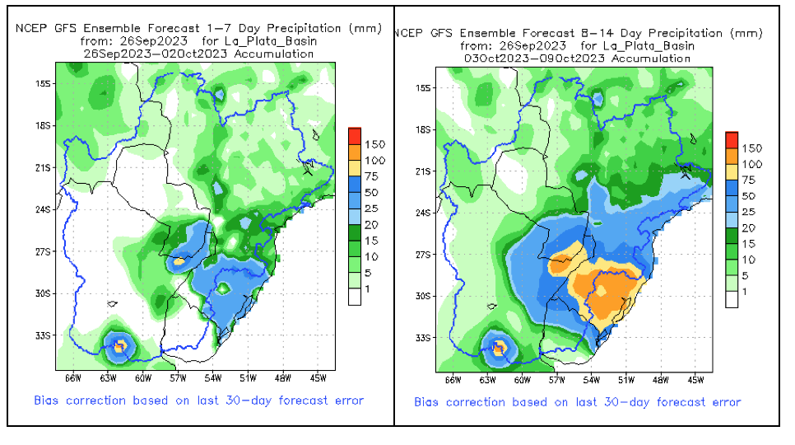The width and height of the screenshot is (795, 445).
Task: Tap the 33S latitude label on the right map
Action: pos(423,338)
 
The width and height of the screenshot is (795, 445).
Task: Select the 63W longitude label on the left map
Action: pos(107,378)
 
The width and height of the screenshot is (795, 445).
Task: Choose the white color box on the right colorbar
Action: pos(732,298)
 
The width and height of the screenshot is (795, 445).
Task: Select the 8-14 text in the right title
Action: pos(598,32)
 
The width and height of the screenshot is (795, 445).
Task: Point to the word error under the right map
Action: pos(723,402)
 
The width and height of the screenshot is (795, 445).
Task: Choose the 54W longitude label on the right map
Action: pos(591,380)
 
